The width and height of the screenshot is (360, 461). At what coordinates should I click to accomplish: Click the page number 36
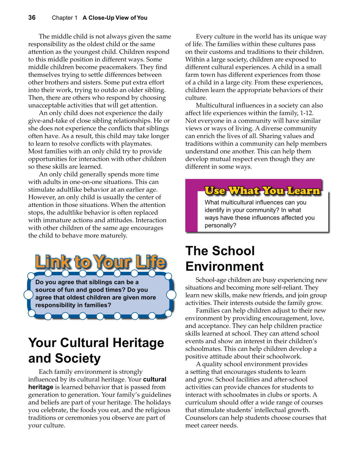pyautogui.click(x=32, y=18)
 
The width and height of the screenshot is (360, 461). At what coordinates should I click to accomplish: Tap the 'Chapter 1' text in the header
pyautogui.click(x=64, y=18)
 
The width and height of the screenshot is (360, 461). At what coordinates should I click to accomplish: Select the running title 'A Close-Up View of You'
pyautogui.click(x=115, y=18)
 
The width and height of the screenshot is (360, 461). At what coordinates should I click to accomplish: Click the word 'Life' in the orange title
pyautogui.click(x=150, y=262)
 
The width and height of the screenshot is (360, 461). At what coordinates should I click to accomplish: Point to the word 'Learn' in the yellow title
pyautogui.click(x=303, y=190)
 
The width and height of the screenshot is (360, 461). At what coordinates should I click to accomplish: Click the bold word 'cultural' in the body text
pyautogui.click(x=154, y=379)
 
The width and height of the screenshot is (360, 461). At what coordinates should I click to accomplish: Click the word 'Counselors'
pyautogui.click(x=201, y=418)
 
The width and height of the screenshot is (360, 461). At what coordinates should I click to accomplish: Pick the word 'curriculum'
pyautogui.click(x=201, y=402)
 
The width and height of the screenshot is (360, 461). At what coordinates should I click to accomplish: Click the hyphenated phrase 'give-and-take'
pyautogui.click(x=48, y=121)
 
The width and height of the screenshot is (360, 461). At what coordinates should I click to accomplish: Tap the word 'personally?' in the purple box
pyautogui.click(x=220, y=225)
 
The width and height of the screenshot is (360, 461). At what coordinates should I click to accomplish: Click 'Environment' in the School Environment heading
pyautogui.click(x=224, y=267)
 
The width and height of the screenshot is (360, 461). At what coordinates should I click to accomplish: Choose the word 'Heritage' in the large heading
pyautogui.click(x=138, y=343)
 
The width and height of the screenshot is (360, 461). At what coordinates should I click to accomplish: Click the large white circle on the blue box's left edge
pyautogui.click(x=28, y=295)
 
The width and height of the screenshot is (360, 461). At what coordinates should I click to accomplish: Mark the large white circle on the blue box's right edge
pyautogui.click(x=171, y=295)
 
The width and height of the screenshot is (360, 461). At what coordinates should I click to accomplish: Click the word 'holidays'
pyautogui.click(x=159, y=402)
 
